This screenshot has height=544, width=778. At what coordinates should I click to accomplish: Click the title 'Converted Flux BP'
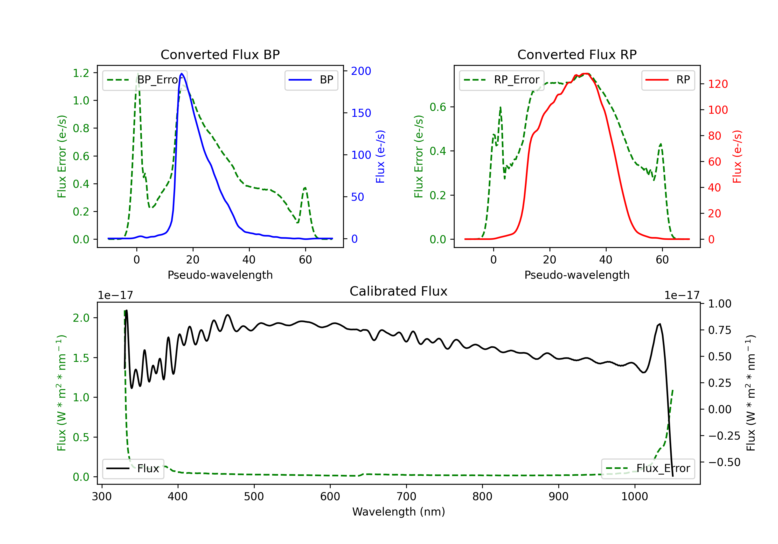tap(220, 54)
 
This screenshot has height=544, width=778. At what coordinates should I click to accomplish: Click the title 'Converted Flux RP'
tap(577, 54)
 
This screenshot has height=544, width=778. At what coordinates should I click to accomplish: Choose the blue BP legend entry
tap(311, 80)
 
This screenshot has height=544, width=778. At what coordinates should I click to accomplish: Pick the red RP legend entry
tap(668, 80)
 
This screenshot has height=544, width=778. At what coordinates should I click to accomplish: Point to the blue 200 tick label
tap(361, 71)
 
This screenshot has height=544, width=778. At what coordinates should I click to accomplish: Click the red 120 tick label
tap(718, 84)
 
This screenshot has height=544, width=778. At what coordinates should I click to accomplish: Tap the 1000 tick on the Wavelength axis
tap(634, 496)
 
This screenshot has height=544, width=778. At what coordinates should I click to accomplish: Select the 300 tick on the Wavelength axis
tap(102, 496)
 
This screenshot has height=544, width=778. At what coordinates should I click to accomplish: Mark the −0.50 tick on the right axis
tap(724, 462)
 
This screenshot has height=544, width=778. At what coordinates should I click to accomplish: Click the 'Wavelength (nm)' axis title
tap(399, 512)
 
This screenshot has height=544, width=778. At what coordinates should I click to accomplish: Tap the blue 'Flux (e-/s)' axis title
tap(380, 156)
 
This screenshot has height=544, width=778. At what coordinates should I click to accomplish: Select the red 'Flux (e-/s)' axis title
tap(737, 156)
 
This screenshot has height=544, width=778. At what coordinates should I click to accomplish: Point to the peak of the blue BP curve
tap(182, 74)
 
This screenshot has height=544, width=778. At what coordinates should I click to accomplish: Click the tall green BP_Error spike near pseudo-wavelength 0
tap(137, 74)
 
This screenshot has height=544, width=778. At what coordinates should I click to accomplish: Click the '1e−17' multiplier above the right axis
tap(682, 295)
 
